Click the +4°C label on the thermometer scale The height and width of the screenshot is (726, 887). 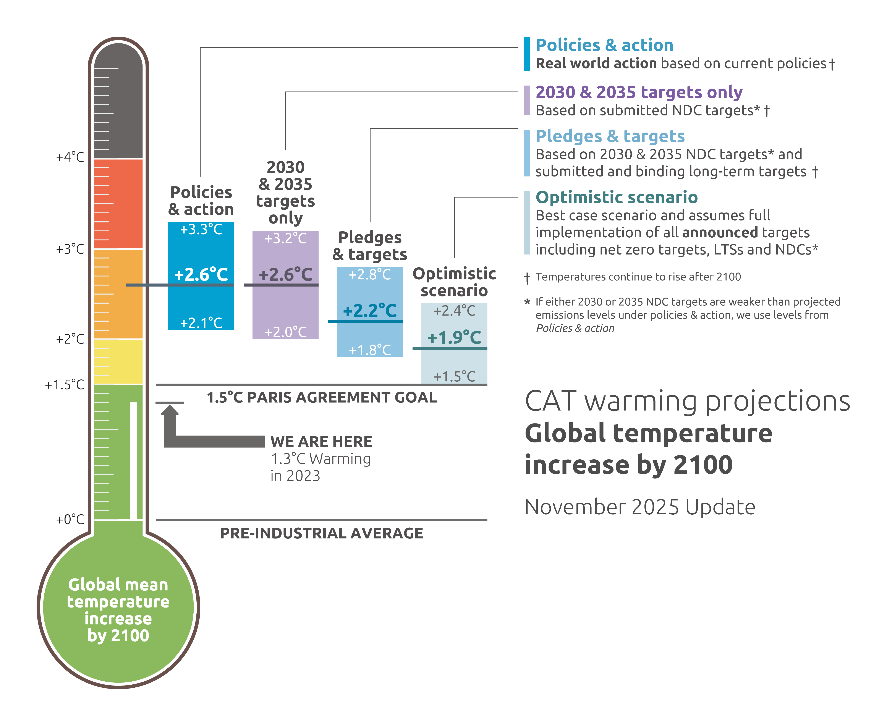[x=70, y=158]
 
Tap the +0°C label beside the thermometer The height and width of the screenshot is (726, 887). [x=70, y=520]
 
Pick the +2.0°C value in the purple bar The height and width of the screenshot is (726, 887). [x=285, y=332]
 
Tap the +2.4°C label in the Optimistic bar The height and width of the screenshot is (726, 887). [x=454, y=311]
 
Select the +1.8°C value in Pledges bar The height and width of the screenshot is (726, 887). [x=370, y=350]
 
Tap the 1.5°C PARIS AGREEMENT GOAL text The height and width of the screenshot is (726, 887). [x=322, y=397]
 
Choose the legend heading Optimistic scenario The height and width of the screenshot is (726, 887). [x=617, y=197]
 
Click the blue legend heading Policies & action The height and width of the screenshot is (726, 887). [x=604, y=45]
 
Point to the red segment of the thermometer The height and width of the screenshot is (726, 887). [x=118, y=204]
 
